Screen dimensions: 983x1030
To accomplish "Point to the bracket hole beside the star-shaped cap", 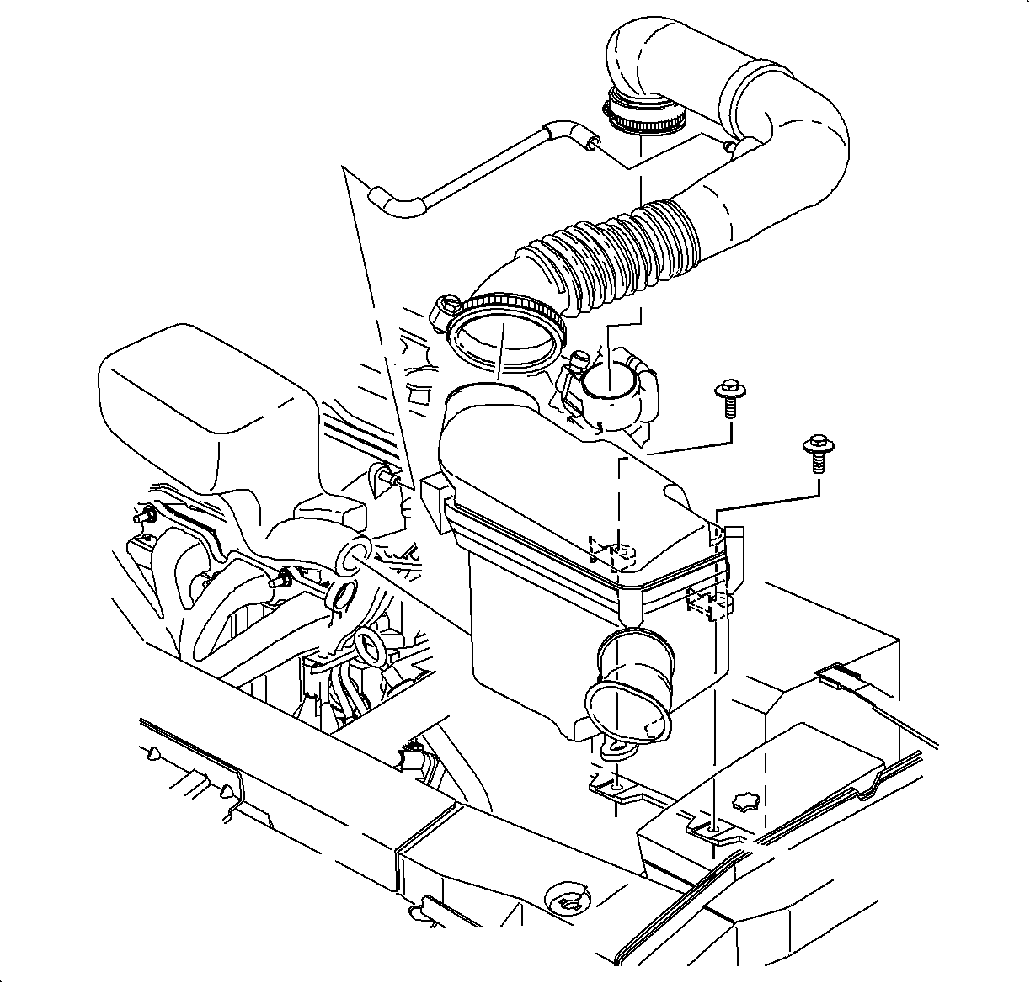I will (x=712, y=829).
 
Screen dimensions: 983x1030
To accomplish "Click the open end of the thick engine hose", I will (x=352, y=555).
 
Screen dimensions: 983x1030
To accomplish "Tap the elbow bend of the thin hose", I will (x=396, y=202).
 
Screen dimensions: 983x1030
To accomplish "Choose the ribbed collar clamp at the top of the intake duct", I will (x=645, y=118).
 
